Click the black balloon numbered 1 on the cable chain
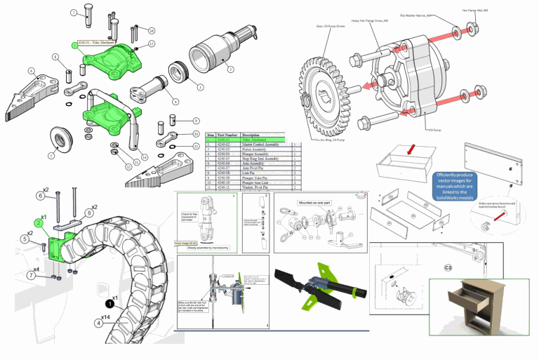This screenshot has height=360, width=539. (109, 305)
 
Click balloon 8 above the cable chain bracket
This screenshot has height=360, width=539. (90, 212)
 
